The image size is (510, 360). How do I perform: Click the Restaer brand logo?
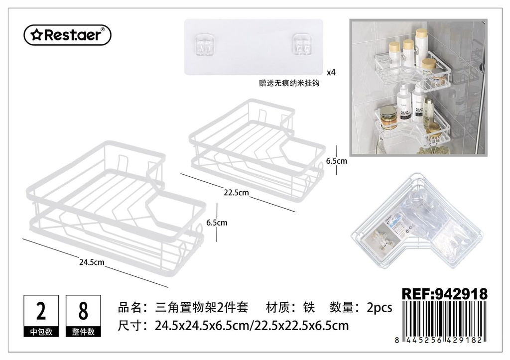(68, 35)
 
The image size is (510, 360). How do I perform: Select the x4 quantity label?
(331, 72)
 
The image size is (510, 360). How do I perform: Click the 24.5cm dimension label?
(92, 262)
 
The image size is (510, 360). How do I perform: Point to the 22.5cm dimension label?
(236, 193)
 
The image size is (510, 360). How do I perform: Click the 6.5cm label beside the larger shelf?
(217, 223)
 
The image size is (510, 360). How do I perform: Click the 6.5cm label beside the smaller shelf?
(337, 161)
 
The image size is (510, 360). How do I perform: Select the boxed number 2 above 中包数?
(41, 311)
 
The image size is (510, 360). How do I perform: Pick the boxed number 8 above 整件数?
(83, 311)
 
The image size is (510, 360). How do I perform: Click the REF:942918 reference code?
(445, 294)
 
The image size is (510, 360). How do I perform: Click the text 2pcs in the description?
(379, 307)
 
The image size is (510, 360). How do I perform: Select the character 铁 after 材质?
(309, 307)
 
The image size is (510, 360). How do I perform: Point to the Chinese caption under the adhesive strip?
(289, 83)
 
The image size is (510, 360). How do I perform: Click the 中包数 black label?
(41, 332)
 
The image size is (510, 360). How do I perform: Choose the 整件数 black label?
(83, 332)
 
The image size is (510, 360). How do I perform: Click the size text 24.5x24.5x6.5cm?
(202, 326)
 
